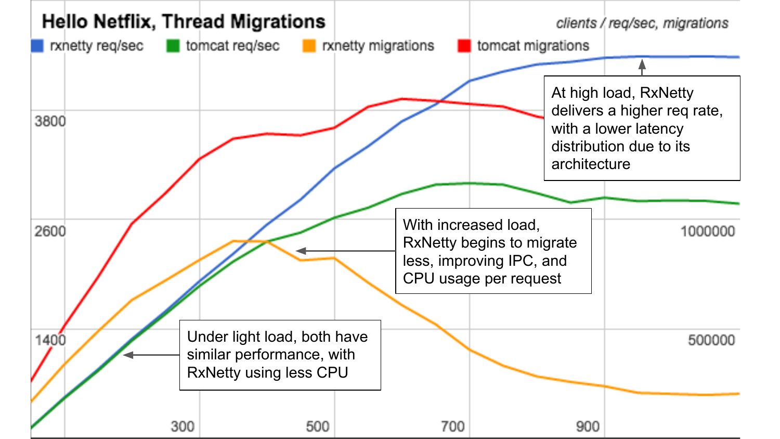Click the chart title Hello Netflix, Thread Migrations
[x=184, y=22]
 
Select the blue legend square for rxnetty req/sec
[x=37, y=46]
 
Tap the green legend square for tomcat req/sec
[x=173, y=46]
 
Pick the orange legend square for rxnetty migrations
[x=309, y=46]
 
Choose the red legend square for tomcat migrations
[x=464, y=46]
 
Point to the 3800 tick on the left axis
[x=50, y=121]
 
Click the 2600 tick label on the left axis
[x=50, y=231]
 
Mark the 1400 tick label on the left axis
[x=50, y=340]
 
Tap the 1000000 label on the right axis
[x=708, y=231]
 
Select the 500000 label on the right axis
[x=711, y=340]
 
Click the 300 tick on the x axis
[x=183, y=427]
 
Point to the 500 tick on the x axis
[x=318, y=427]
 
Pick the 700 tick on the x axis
[x=452, y=427]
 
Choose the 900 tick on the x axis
[x=588, y=427]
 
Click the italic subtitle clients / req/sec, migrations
[x=642, y=23]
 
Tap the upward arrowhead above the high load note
[x=642, y=64]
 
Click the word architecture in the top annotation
[x=591, y=164]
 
